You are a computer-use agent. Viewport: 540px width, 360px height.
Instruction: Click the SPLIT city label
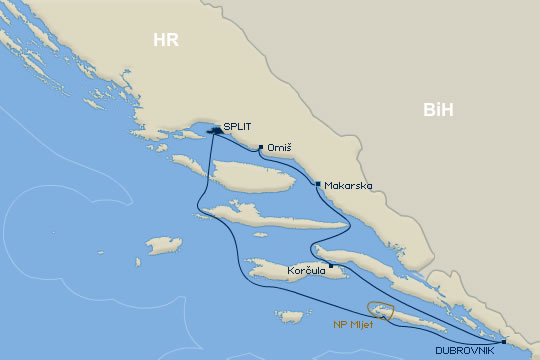coord(238,127)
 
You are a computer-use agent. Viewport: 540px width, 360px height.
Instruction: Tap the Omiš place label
coord(281,149)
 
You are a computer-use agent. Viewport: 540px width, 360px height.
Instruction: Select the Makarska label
coord(345,186)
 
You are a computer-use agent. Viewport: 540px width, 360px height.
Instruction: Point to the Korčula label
coord(306,270)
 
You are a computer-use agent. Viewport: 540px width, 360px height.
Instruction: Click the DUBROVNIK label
coord(466,351)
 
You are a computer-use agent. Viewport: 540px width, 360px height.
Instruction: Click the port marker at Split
coord(214,129)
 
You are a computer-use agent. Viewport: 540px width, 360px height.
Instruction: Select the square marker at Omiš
coord(260,148)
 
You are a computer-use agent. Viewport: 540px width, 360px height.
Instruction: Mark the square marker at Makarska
coord(318,184)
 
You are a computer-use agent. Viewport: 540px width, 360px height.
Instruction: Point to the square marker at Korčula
coord(331,265)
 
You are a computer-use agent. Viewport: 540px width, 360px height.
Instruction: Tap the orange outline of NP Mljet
coord(381,304)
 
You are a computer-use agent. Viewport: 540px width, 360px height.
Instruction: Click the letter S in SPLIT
coord(227,127)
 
